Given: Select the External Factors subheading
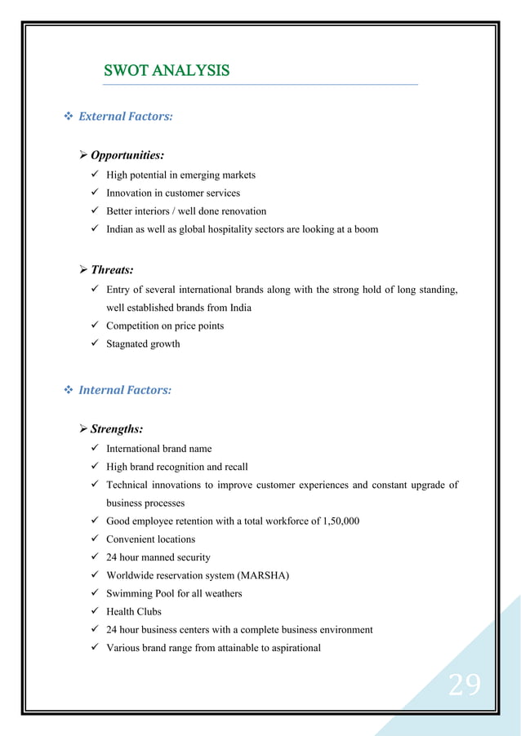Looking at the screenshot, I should click(x=125, y=117).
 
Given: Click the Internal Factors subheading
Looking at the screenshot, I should click(x=124, y=390).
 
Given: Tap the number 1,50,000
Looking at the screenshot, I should click(x=336, y=521).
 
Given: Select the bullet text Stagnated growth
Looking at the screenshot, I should click(x=143, y=344).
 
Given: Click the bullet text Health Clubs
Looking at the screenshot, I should click(x=134, y=611).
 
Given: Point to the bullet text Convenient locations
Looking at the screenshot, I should click(x=150, y=539).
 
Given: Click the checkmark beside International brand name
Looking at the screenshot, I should click(x=96, y=448).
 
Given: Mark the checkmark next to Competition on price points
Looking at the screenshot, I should click(x=96, y=326).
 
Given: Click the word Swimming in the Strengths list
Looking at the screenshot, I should click(x=129, y=593).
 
